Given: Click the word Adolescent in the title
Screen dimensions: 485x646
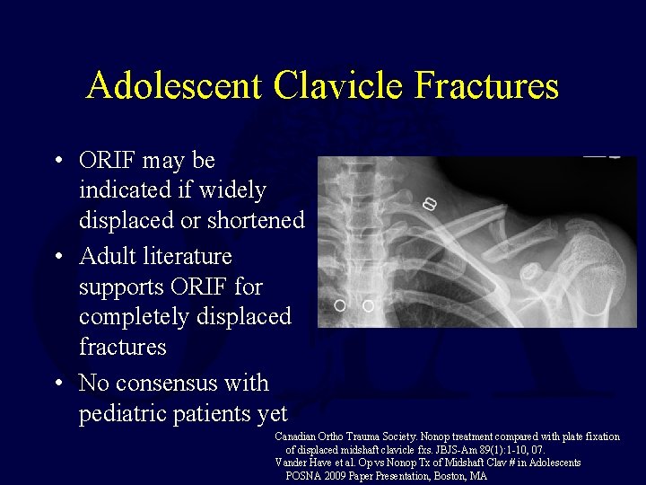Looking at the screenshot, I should click(x=175, y=86).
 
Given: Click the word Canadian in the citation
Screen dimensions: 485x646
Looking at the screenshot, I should click(x=298, y=436).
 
